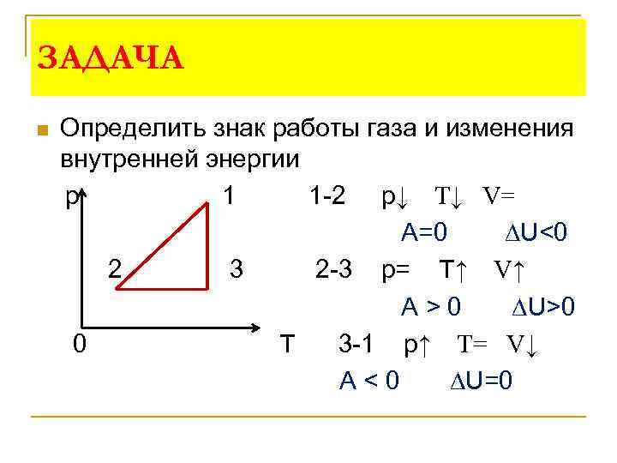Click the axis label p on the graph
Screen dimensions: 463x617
pos(69,197)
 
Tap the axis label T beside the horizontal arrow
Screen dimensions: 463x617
pos(287,345)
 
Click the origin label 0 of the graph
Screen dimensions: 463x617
pos(79,344)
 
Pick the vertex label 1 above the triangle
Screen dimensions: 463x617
pos(229,196)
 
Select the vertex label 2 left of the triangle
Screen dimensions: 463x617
pos(114,270)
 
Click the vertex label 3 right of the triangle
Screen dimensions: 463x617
pos(237,270)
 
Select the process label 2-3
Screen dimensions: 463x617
pos(334,271)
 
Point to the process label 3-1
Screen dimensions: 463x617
pos(356,345)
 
